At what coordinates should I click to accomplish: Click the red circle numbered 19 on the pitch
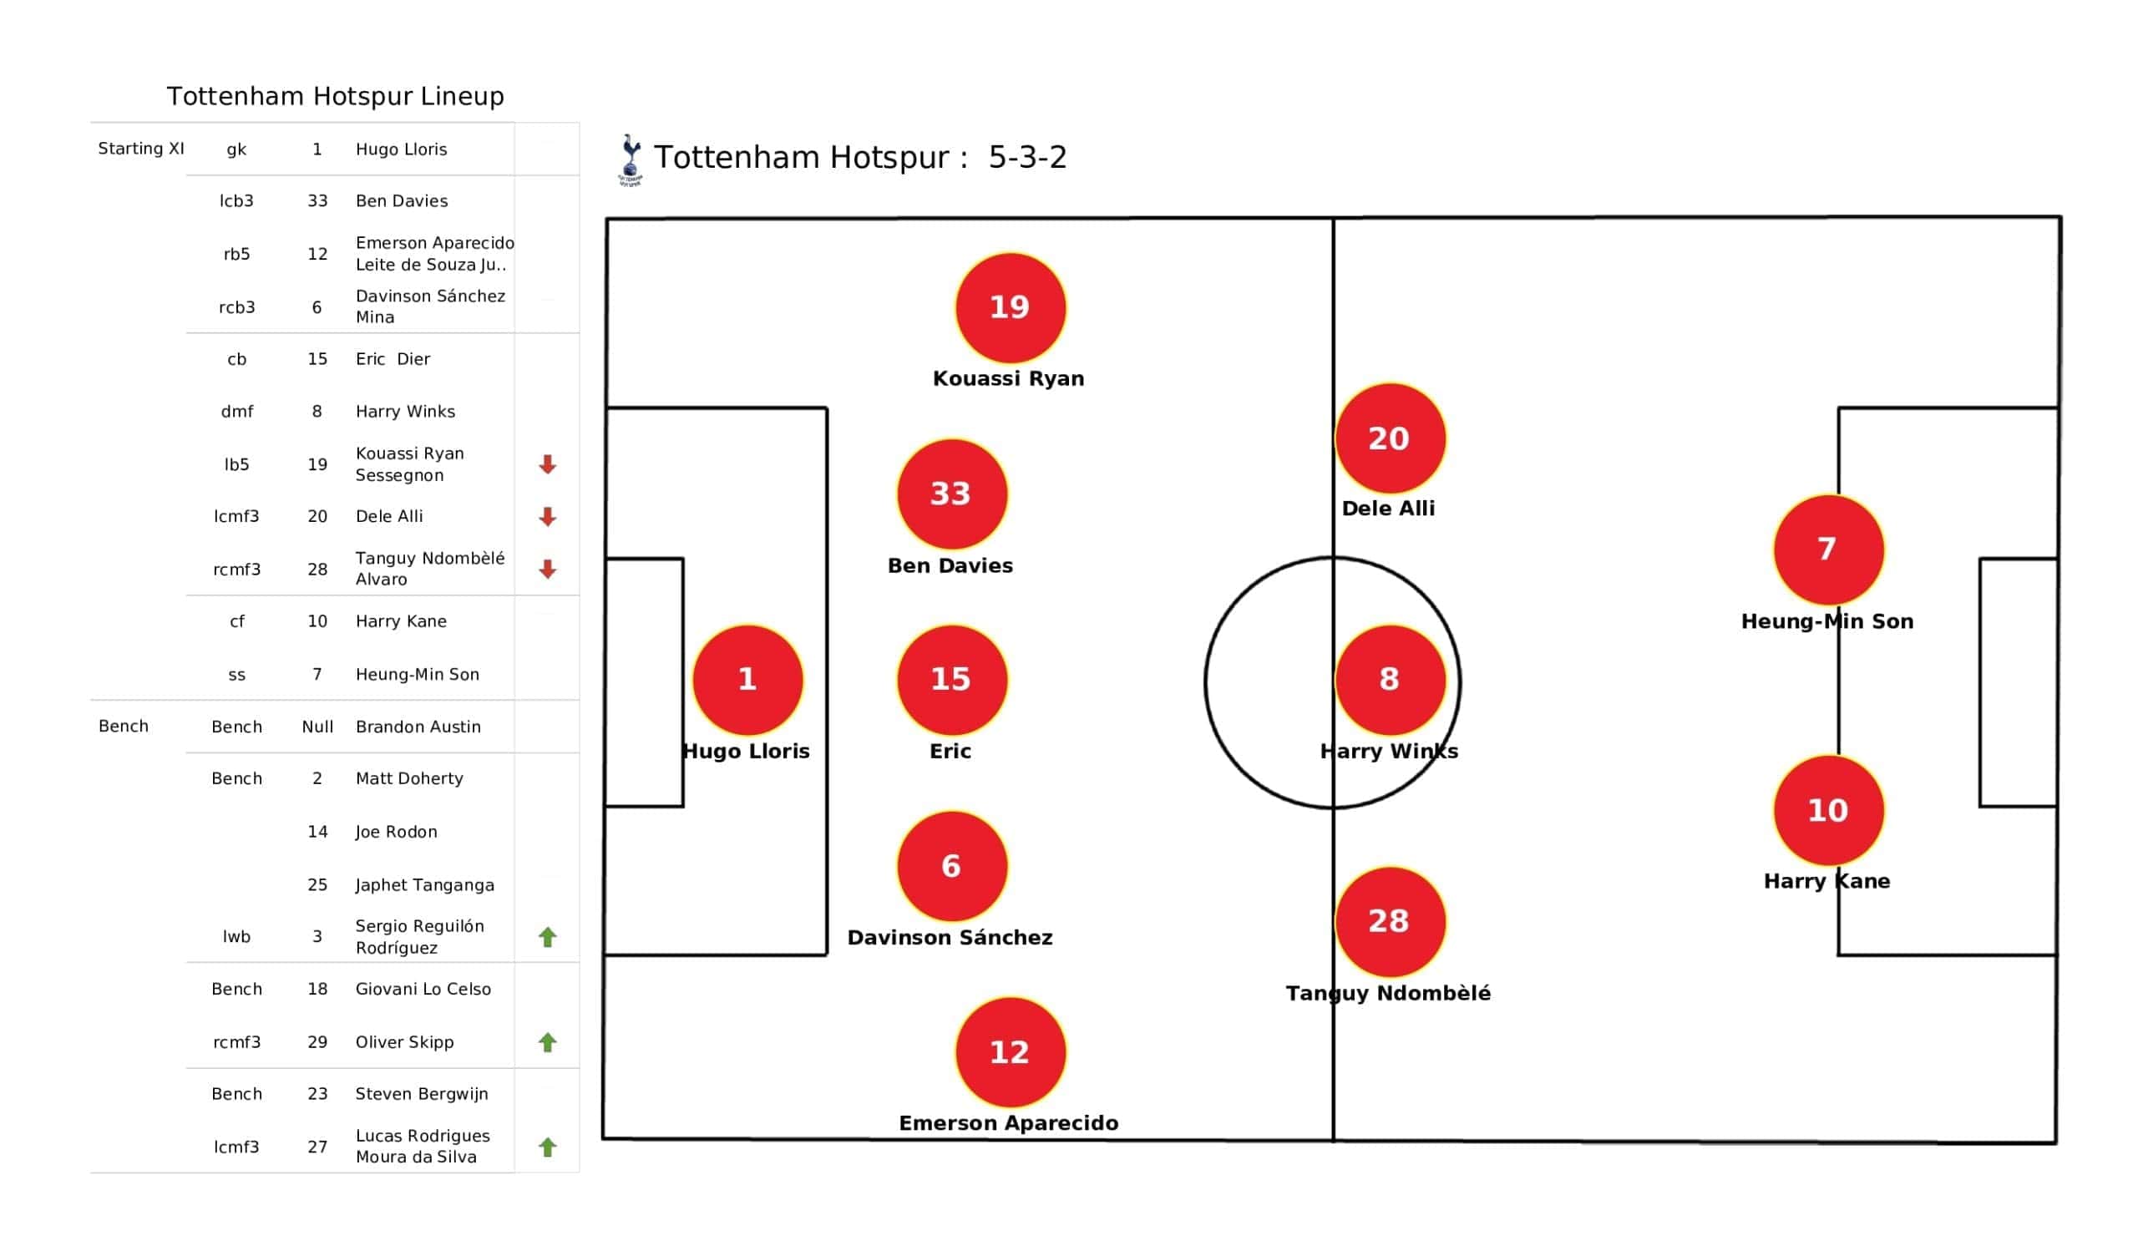[x=1010, y=307]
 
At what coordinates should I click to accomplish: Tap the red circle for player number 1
[x=747, y=680]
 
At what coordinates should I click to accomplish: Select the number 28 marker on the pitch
[x=1390, y=922]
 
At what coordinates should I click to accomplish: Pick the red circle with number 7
[x=1828, y=549]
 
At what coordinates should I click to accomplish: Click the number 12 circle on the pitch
[x=1010, y=1052]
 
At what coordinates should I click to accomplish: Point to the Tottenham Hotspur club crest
[x=630, y=160]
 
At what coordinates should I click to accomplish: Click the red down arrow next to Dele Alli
[x=547, y=517]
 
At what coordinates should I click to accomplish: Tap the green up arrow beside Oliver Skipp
[x=547, y=1042]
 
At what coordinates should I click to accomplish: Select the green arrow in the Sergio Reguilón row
[x=547, y=937]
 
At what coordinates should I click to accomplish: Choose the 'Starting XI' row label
[x=141, y=149]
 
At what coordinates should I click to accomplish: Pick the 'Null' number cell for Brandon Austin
[x=317, y=727]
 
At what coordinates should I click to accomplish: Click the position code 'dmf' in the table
[x=236, y=412]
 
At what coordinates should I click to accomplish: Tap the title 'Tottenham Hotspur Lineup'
[x=335, y=96]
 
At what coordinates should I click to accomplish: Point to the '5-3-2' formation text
[x=1026, y=157]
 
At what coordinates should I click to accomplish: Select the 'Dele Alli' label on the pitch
[x=1388, y=509]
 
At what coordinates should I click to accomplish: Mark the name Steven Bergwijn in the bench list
[x=422, y=1094]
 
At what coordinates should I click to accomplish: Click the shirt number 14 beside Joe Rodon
[x=317, y=832]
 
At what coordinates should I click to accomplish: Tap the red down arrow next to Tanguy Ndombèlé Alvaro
[x=547, y=570]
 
